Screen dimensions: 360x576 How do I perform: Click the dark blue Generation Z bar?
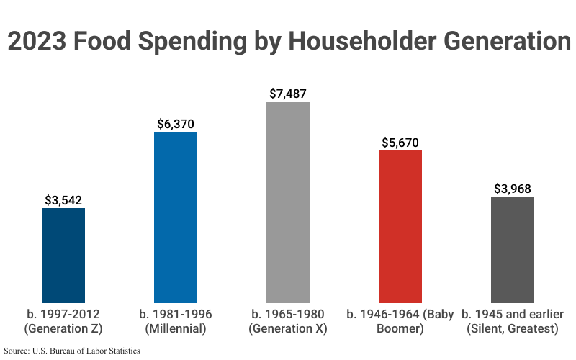point(63,256)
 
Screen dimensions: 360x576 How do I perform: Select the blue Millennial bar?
point(176,217)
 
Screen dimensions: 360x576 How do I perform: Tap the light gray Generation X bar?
point(288,202)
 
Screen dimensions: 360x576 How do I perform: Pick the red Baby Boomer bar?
point(400,226)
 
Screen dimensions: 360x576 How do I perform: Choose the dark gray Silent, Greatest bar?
point(513,249)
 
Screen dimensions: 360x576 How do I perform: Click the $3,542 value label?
point(63,199)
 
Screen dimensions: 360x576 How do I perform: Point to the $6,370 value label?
point(176,124)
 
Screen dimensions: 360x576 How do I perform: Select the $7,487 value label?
point(288,94)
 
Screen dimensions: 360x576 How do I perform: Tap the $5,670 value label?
point(400,143)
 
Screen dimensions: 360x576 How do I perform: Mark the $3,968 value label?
point(513,189)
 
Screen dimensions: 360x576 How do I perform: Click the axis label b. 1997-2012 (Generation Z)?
point(63,322)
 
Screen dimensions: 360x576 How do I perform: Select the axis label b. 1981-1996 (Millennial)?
point(176,322)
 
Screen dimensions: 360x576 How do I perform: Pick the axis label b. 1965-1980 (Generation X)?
point(288,322)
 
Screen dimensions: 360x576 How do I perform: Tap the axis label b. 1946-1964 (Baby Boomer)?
point(400,322)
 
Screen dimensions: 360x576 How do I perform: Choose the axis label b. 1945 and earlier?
point(513,322)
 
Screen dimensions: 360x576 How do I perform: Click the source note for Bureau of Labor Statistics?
point(72,351)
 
